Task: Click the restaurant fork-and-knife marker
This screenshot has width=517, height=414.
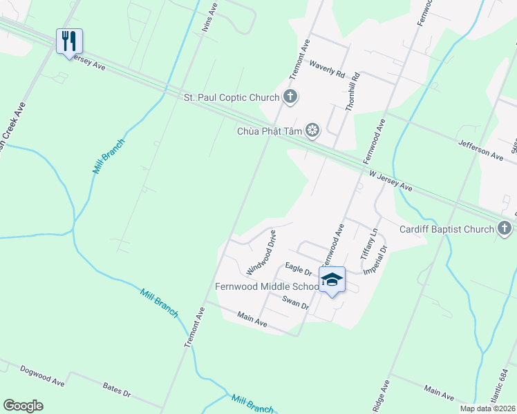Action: [69, 41]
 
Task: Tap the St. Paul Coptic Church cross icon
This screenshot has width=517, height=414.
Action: [291, 97]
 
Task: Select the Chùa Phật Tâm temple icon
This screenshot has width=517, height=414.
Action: [313, 130]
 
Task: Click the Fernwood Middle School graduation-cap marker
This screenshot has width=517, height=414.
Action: [332, 279]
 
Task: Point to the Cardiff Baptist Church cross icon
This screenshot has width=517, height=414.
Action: [505, 228]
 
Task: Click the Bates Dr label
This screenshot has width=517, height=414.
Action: [116, 391]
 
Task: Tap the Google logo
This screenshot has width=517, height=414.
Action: [23, 406]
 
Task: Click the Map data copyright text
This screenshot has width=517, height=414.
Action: [487, 408]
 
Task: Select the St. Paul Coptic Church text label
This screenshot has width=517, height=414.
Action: [231, 97]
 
